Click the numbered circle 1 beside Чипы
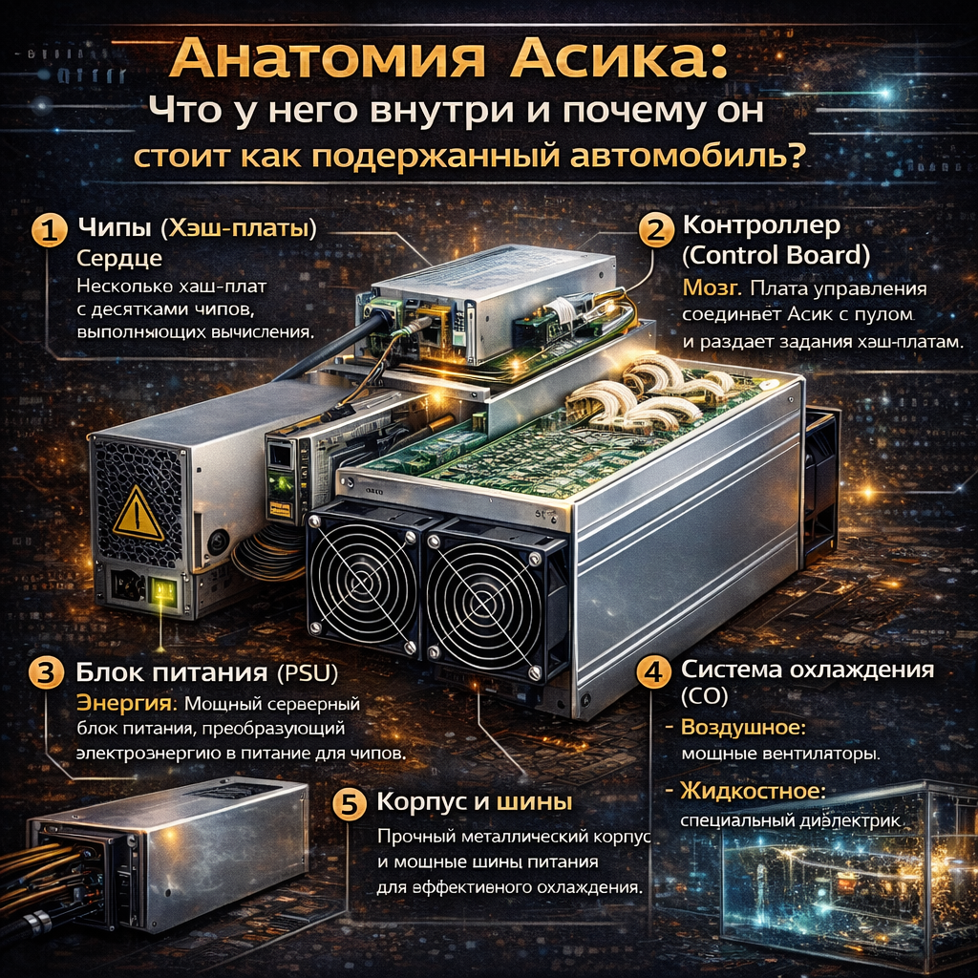[x=50, y=229]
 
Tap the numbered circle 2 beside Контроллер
[x=656, y=231]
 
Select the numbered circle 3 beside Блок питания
[x=47, y=673]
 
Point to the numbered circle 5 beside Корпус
[x=349, y=804]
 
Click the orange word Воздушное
[x=743, y=727]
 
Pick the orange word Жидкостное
[x=753, y=791]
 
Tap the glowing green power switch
[x=163, y=589]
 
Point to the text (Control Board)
[x=776, y=255]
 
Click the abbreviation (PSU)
[x=307, y=672]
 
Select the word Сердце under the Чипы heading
[x=119, y=258]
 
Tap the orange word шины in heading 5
[x=534, y=802]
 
